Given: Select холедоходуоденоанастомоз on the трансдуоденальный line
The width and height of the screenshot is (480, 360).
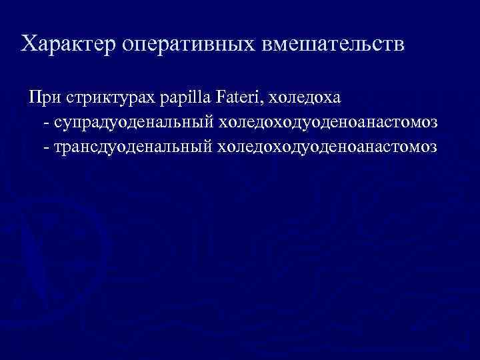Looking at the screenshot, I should [327, 146].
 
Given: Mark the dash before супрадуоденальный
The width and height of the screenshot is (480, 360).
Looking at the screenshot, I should [45, 123].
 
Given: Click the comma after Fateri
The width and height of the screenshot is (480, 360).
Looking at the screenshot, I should [264, 103].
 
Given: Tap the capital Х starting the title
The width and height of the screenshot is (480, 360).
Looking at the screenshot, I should [29, 44].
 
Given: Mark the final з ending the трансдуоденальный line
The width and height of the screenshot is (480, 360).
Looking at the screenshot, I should [433, 147].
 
